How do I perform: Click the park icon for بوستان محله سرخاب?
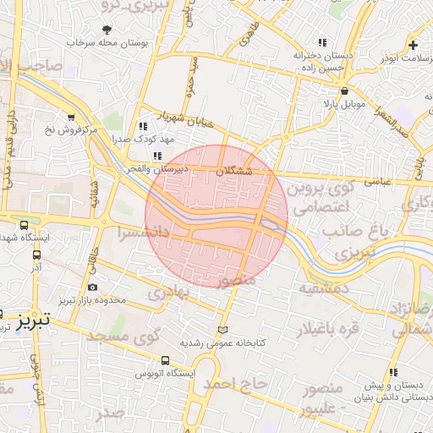(106, 30)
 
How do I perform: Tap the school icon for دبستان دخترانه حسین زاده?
(321, 42)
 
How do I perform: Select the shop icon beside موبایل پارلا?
(343, 90)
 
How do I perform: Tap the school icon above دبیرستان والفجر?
(158, 156)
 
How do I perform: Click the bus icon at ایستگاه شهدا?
(24, 226)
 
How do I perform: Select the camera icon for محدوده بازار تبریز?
(92, 288)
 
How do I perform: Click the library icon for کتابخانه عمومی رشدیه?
(222, 330)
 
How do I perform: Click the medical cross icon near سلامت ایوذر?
(413, 44)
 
